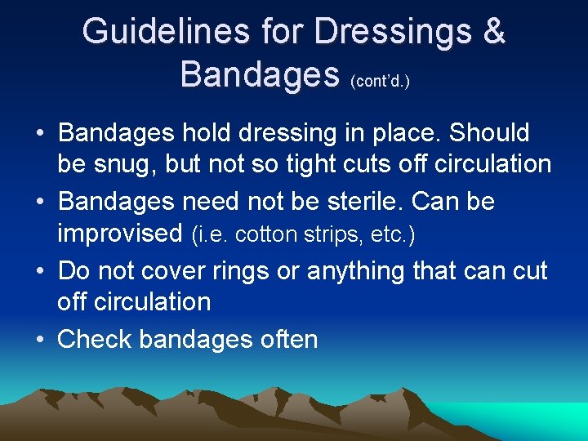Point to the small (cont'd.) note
[380, 82]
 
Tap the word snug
[123, 164]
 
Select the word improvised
[119, 233]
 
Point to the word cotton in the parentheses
[269, 234]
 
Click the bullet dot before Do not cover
[40, 271]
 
